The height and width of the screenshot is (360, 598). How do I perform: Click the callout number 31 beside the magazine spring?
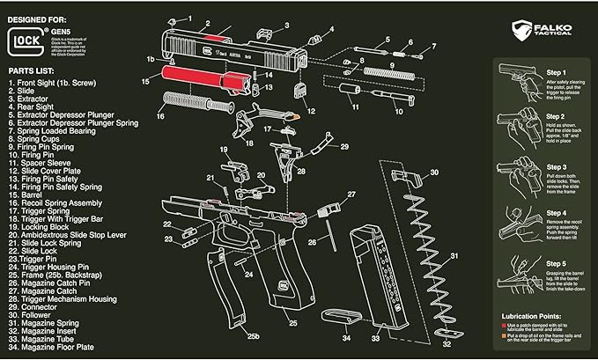(x=454, y=256)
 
